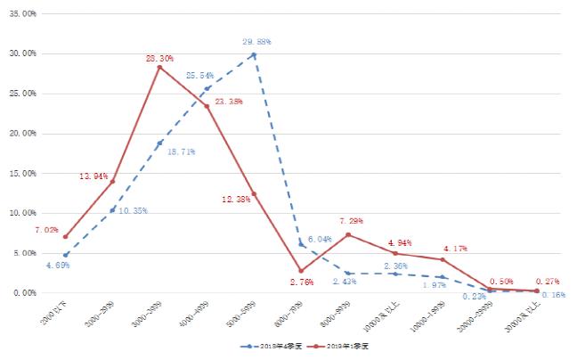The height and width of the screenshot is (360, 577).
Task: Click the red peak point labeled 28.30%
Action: point(159,67)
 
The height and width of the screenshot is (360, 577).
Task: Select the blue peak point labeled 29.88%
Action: point(254,54)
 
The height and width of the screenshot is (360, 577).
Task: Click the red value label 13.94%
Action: point(93,176)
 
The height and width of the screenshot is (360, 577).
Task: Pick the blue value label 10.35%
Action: point(134,211)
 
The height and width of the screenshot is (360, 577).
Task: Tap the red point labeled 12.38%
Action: point(254,193)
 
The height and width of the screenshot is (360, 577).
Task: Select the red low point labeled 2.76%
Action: point(301,270)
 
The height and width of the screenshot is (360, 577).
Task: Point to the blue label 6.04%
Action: point(321,240)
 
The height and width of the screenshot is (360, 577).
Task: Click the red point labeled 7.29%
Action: point(348,234)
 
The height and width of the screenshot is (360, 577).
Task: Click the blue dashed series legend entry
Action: point(265,345)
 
